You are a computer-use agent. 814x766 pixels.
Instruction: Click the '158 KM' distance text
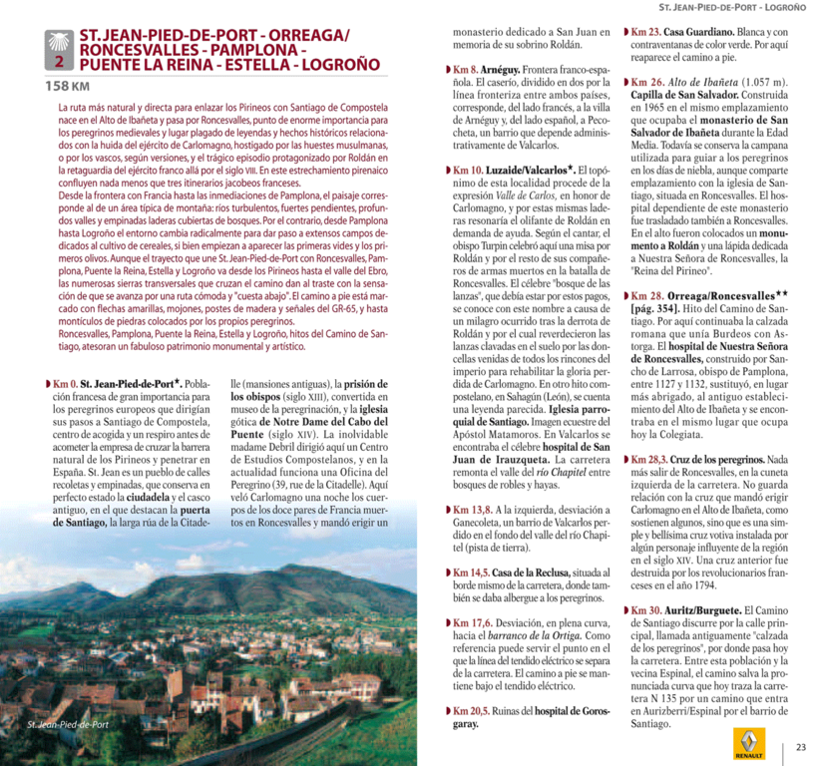click(66, 86)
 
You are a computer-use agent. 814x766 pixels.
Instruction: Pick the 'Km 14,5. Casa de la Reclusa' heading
click(510, 573)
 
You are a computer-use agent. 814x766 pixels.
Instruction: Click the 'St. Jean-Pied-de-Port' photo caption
click(68, 725)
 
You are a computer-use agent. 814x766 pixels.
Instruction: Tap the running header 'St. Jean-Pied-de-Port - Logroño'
click(733, 7)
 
